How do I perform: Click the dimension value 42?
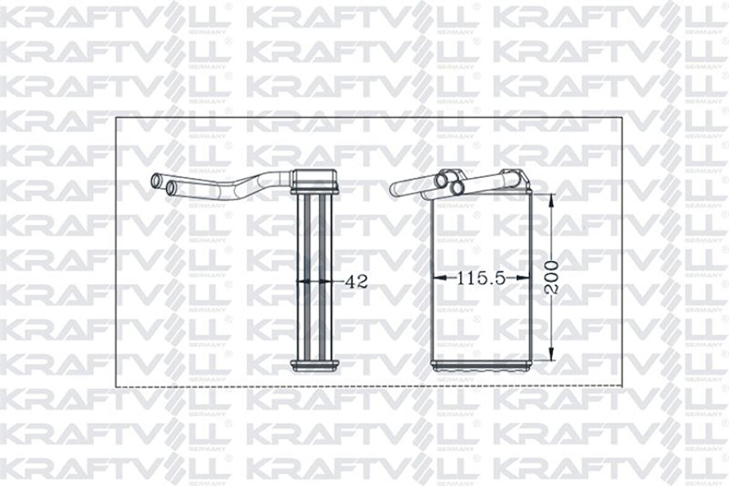[x=356, y=282]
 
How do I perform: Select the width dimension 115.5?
[x=481, y=279]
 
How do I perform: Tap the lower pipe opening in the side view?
[x=171, y=185]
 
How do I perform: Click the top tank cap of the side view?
[x=314, y=180]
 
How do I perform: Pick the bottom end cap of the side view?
[x=314, y=365]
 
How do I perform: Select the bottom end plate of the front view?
[x=481, y=366]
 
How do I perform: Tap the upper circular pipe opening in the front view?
[x=442, y=180]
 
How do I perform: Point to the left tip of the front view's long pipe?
[x=395, y=187]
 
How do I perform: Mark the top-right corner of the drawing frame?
[x=622, y=117]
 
